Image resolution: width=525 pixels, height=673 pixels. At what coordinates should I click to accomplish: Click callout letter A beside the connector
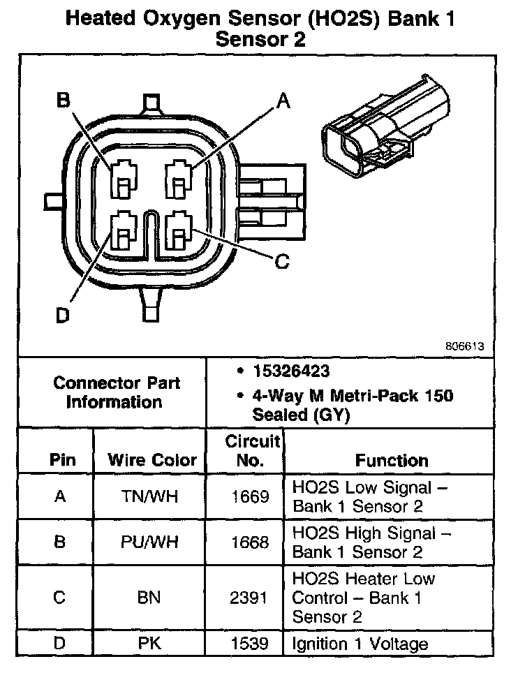pos(283,102)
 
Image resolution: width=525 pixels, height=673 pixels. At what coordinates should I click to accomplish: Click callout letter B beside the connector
pos(64,102)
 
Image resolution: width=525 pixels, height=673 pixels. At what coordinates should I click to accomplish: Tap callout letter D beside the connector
pos(63,316)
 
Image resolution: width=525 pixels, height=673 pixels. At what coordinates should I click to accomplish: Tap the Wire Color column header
pos(152,461)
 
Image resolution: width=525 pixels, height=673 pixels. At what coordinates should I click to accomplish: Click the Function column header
pos(392,461)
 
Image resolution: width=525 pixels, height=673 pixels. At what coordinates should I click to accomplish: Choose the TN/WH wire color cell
pos(151,496)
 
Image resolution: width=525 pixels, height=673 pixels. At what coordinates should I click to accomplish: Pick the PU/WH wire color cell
pos(151,542)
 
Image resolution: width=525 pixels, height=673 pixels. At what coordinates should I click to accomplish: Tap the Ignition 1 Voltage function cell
pos(360,643)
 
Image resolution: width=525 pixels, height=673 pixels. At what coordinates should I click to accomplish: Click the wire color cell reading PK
pos(151,643)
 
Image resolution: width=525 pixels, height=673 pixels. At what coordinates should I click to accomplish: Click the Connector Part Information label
pos(117,392)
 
